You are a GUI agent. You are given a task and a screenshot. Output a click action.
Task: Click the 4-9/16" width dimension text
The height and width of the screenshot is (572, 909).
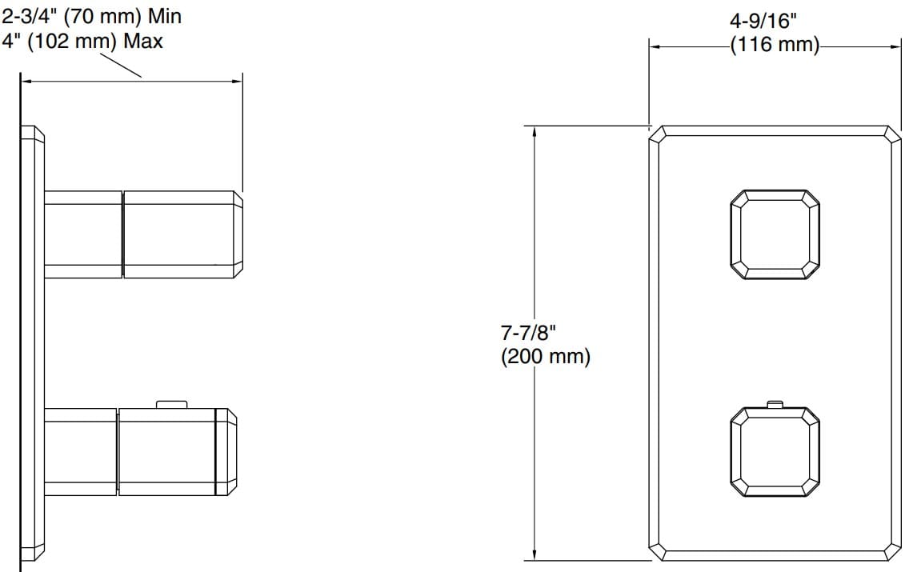pyautogui.click(x=775, y=19)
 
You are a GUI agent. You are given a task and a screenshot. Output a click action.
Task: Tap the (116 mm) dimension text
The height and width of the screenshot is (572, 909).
pyautogui.click(x=775, y=46)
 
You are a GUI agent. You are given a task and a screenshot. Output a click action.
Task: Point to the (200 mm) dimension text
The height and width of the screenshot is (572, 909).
pyautogui.click(x=546, y=357)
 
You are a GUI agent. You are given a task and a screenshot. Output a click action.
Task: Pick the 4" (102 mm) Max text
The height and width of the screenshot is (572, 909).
pyautogui.click(x=82, y=41)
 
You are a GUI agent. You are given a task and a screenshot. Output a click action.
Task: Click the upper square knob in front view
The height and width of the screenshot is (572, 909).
pyautogui.click(x=775, y=235)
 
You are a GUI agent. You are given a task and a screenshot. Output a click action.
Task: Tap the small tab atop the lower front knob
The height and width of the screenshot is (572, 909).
pyautogui.click(x=774, y=403)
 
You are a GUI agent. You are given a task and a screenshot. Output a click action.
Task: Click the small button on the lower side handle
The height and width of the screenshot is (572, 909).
pyautogui.click(x=171, y=404)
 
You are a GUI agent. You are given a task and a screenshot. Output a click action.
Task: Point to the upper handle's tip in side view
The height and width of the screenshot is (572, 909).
pyautogui.click(x=238, y=234)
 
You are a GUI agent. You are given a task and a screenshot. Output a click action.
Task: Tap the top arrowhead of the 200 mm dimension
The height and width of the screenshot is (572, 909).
pyautogui.click(x=535, y=131)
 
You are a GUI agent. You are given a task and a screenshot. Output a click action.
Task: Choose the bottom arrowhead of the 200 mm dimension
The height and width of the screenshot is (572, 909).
pyautogui.click(x=535, y=555)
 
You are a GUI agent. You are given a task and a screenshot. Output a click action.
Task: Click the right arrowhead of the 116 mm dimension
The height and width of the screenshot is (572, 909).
pyautogui.click(x=898, y=46)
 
